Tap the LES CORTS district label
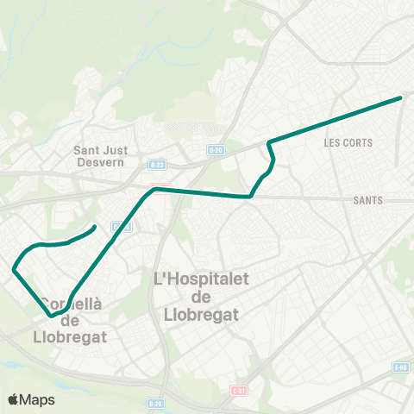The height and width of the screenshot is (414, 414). point(348,142)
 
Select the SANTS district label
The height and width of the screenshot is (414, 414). point(367,200)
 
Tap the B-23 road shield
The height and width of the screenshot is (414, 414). point(156,163)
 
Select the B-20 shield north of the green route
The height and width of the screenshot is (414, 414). point(216,150)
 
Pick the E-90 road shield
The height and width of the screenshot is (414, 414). point(400,367)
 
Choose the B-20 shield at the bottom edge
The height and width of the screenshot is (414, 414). point(155,403)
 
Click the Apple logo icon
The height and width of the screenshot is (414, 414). point(14,399)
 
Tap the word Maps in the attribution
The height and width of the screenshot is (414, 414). point(38,399)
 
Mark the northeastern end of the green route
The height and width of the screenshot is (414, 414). point(401,97)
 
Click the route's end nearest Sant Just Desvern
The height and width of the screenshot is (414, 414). point(94,228)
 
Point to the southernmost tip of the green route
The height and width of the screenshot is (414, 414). point(52,316)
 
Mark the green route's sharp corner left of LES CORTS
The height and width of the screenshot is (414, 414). point(269,141)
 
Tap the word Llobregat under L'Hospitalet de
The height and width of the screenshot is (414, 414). point(201,315)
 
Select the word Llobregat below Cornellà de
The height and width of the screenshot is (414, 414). point(70,336)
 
